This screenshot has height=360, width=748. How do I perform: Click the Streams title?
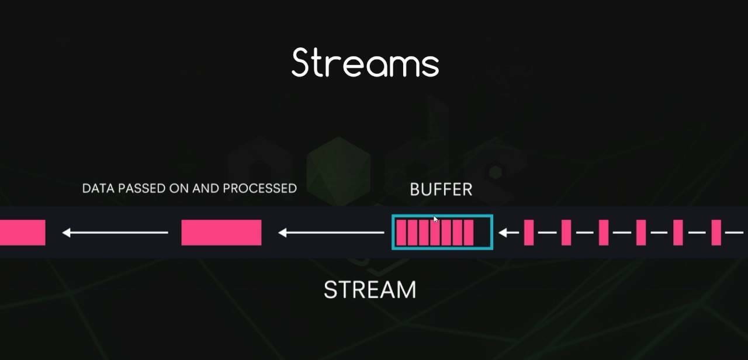(365, 63)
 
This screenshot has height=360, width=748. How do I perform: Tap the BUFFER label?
(441, 189)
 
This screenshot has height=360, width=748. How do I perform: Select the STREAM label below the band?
(370, 290)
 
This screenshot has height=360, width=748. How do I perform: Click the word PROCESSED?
(259, 188)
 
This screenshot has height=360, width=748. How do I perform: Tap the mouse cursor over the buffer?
(435, 219)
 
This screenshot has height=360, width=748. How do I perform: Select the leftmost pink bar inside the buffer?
(401, 233)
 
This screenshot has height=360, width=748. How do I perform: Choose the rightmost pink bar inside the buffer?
(469, 233)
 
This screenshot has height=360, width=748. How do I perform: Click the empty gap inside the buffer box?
(482, 233)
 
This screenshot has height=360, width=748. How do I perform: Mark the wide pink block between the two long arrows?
(221, 233)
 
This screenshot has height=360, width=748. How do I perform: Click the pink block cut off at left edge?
(22, 233)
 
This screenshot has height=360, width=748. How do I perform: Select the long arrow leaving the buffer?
(331, 233)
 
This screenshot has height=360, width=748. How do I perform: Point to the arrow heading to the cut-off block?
(115, 233)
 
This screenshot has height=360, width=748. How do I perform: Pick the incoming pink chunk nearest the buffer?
(529, 233)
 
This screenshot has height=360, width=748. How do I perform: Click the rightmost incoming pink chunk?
(716, 233)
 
